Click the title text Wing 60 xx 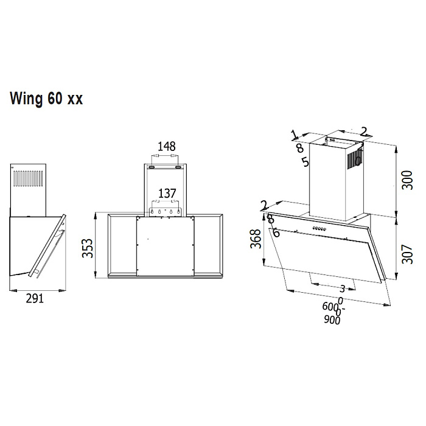[46, 99]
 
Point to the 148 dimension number [166, 147]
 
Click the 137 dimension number [167, 194]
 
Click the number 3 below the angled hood [343, 288]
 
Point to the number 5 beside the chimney [304, 162]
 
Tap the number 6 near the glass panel [276, 232]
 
